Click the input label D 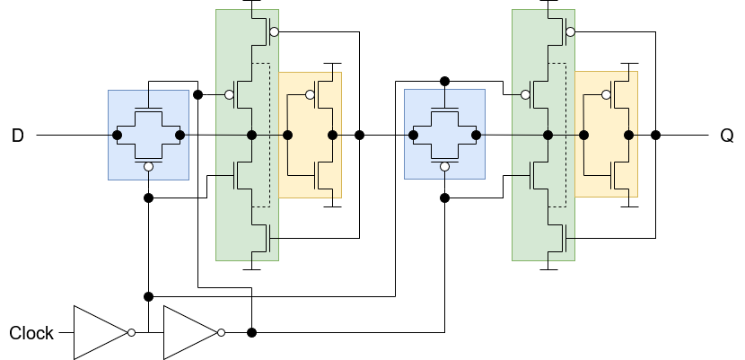click(x=18, y=136)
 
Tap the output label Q click(x=727, y=136)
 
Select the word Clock click(x=31, y=333)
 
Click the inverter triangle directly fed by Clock click(x=101, y=333)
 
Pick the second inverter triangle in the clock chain click(x=190, y=333)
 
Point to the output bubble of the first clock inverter click(x=132, y=333)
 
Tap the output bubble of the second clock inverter click(x=222, y=333)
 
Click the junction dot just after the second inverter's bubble click(x=252, y=333)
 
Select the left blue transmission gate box click(x=149, y=136)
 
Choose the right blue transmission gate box click(x=444, y=135)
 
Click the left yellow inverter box click(x=310, y=135)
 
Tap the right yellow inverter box click(x=606, y=135)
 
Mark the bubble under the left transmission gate click(x=149, y=167)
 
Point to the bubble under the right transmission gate click(x=444, y=167)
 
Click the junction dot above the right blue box click(x=444, y=81)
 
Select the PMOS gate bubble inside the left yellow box click(x=310, y=95)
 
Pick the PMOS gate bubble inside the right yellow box click(x=606, y=95)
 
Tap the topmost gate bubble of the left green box click(x=274, y=31)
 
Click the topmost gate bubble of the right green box click(x=571, y=31)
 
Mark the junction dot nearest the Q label click(x=655, y=136)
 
